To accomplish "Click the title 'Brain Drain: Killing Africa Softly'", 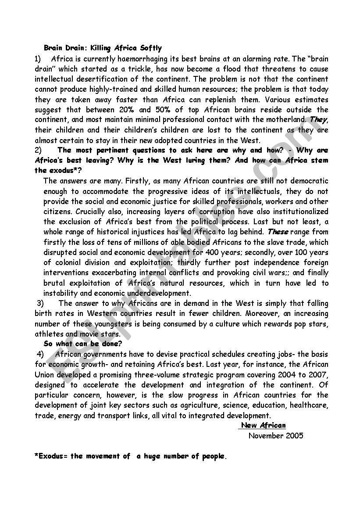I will click(103, 48).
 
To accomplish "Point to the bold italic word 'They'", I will click(319, 119).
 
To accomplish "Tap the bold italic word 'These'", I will click(278, 232).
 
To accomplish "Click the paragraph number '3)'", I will click(40, 303).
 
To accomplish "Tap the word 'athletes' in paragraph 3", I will click(49, 334).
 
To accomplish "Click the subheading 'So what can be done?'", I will click(83, 344).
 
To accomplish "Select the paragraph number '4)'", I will click(40, 354).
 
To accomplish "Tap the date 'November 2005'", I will click(275, 436).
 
